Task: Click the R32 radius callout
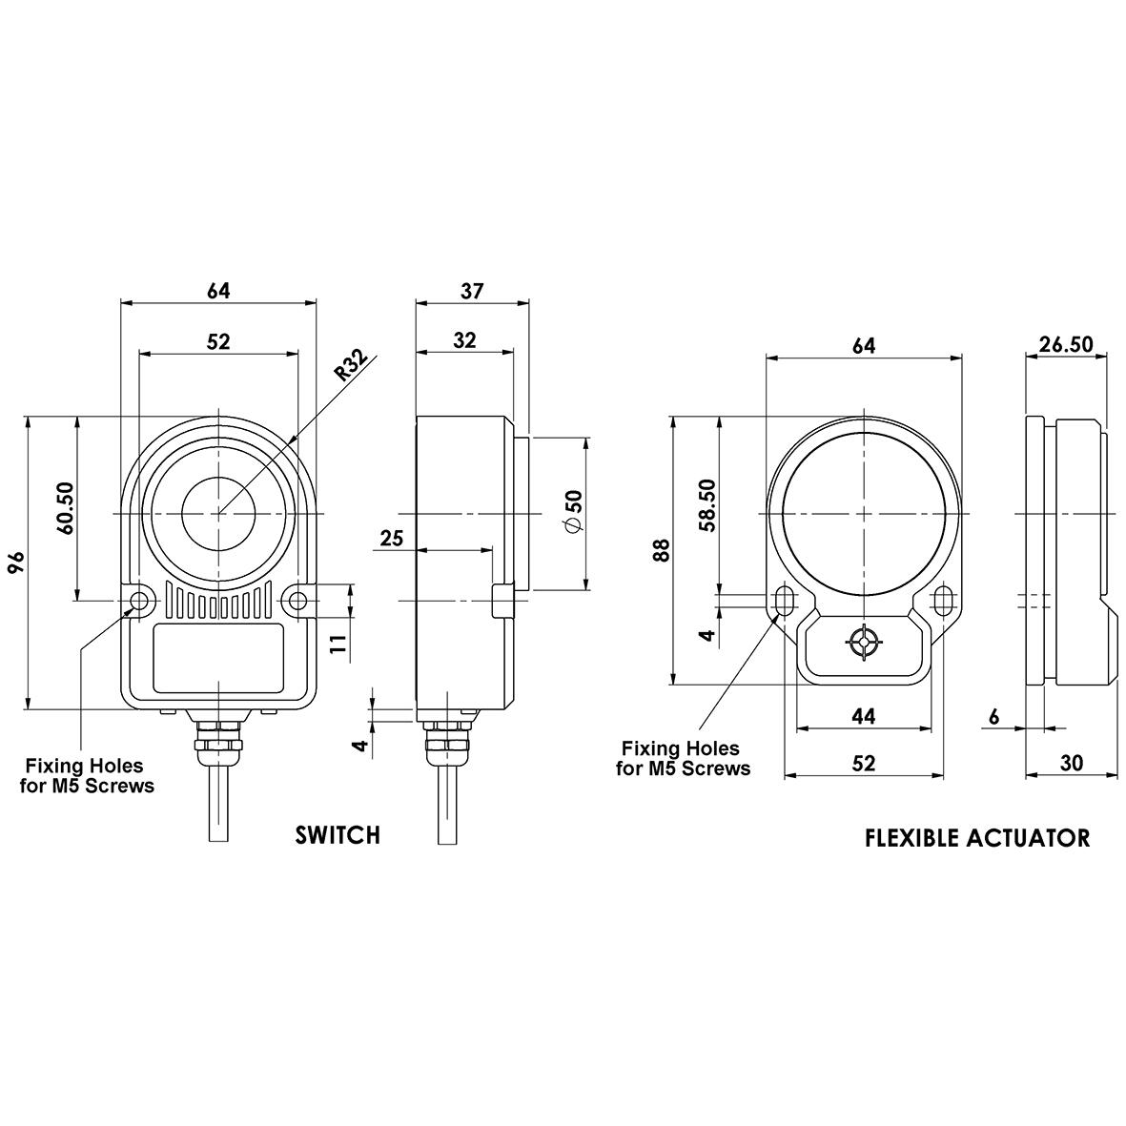point(352,366)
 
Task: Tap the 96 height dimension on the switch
point(17,563)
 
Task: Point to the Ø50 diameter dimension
point(575,511)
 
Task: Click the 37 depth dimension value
point(472,291)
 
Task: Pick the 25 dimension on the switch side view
point(391,537)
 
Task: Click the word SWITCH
point(338,834)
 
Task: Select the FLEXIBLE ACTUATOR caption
point(977,837)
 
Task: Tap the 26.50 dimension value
point(1066,344)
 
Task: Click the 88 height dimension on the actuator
point(662,550)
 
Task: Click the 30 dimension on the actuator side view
point(1071,763)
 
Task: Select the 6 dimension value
point(994,716)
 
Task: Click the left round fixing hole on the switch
point(138,601)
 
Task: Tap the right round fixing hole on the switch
point(298,601)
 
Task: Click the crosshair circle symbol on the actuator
point(863,642)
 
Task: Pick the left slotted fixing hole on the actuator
point(784,601)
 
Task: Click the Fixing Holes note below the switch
point(87,775)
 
